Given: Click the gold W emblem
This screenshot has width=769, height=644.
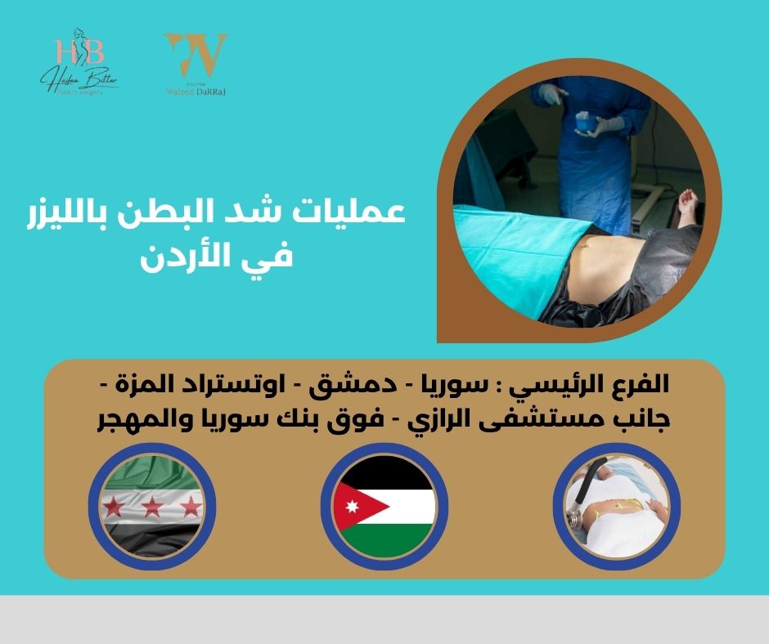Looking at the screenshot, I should (x=195, y=52).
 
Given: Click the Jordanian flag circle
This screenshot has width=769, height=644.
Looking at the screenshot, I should (x=384, y=507).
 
